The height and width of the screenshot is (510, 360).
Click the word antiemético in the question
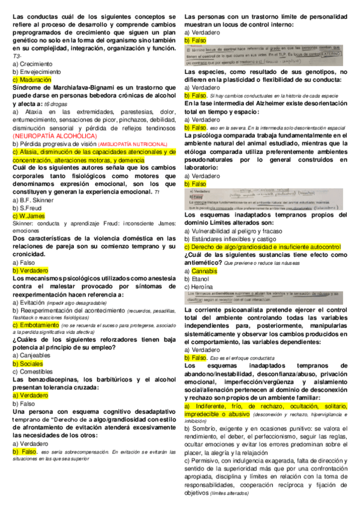click(x=207, y=263)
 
